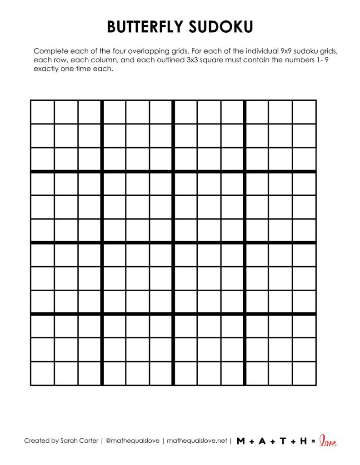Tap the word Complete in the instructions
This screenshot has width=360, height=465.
click(49, 51)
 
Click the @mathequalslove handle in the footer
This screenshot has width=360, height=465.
click(132, 440)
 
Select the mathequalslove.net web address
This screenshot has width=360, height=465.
click(197, 440)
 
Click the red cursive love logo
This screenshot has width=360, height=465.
click(328, 440)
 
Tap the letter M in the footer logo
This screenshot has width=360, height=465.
click(241, 441)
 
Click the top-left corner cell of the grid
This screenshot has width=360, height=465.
click(42, 112)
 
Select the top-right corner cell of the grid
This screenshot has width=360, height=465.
click(304, 112)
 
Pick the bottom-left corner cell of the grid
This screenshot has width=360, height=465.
click(42, 373)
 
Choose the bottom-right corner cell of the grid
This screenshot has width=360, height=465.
click(304, 373)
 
